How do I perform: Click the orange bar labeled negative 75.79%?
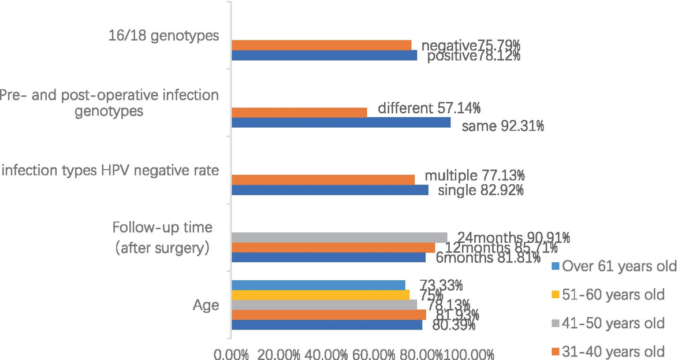(x=321, y=45)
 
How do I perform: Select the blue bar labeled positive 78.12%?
(x=324, y=55)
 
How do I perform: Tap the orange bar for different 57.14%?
(x=299, y=112)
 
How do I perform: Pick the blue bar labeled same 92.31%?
(x=341, y=123)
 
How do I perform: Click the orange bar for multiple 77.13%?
(x=323, y=180)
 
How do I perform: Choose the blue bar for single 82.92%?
(x=330, y=190)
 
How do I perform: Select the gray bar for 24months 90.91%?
(x=339, y=237)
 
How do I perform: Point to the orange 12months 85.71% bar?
(x=333, y=247)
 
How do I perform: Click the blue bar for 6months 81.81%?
(x=328, y=258)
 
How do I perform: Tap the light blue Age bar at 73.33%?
(x=318, y=284)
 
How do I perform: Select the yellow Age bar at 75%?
(x=320, y=295)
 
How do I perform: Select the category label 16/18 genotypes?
(x=164, y=36)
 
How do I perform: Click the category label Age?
(x=207, y=305)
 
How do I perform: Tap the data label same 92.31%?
(x=502, y=127)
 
